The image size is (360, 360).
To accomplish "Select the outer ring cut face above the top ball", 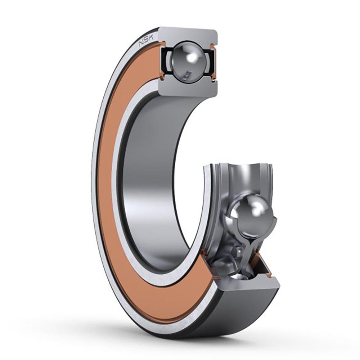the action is [188, 36].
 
